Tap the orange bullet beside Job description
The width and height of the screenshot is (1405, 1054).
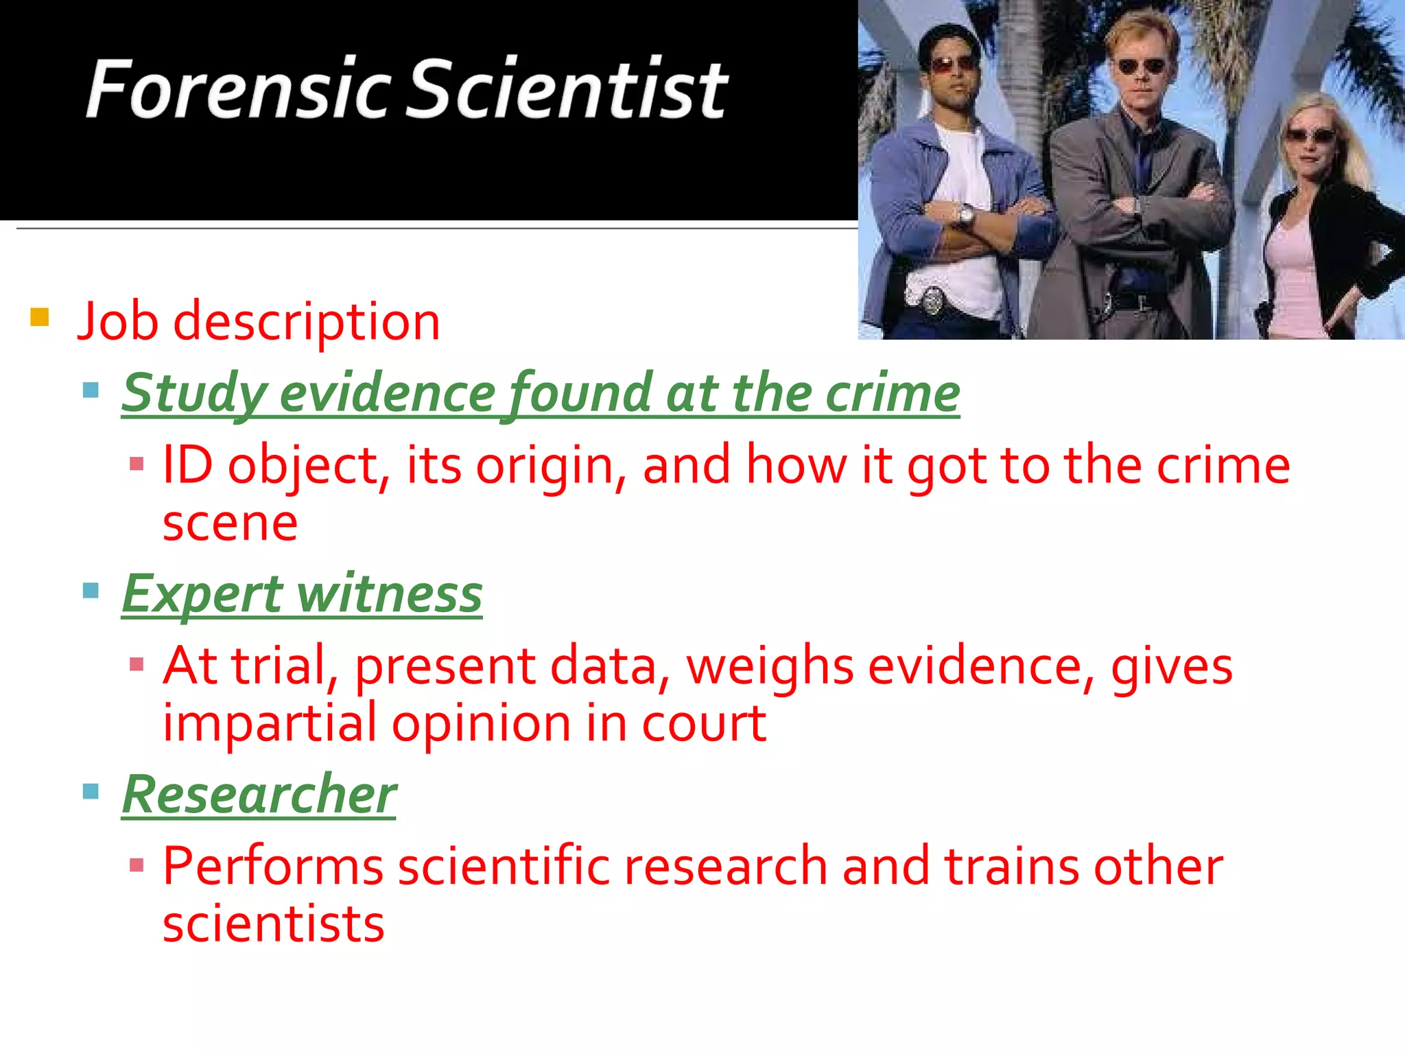pyautogui.click(x=40, y=317)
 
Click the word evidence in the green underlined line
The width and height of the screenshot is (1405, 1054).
pyautogui.click(x=388, y=393)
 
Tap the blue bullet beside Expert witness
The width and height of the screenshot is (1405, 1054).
pyautogui.click(x=91, y=590)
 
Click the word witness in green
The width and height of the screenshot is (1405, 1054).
pyautogui.click(x=390, y=594)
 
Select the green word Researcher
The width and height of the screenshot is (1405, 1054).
pyautogui.click(x=259, y=795)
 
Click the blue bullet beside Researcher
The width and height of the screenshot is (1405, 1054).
pyautogui.click(x=91, y=791)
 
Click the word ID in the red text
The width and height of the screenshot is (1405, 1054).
pyautogui.click(x=187, y=465)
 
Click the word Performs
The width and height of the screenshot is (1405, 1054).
pyautogui.click(x=272, y=866)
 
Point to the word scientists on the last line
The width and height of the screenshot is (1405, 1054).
pyautogui.click(x=273, y=924)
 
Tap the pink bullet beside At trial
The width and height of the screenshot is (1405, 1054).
pyautogui.click(x=137, y=664)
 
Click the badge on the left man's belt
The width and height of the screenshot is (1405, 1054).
pyautogui.click(x=932, y=299)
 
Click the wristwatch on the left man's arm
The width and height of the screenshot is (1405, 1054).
pyautogui.click(x=966, y=216)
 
